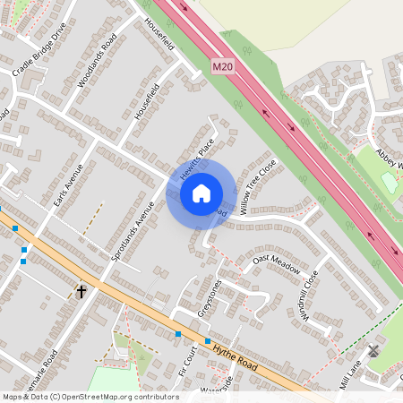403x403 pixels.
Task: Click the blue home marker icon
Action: [x=201, y=193]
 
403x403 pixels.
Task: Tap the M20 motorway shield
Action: [x=223, y=66]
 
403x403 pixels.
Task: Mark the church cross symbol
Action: [x=81, y=291]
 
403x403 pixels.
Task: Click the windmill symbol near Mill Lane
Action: [x=373, y=350]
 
